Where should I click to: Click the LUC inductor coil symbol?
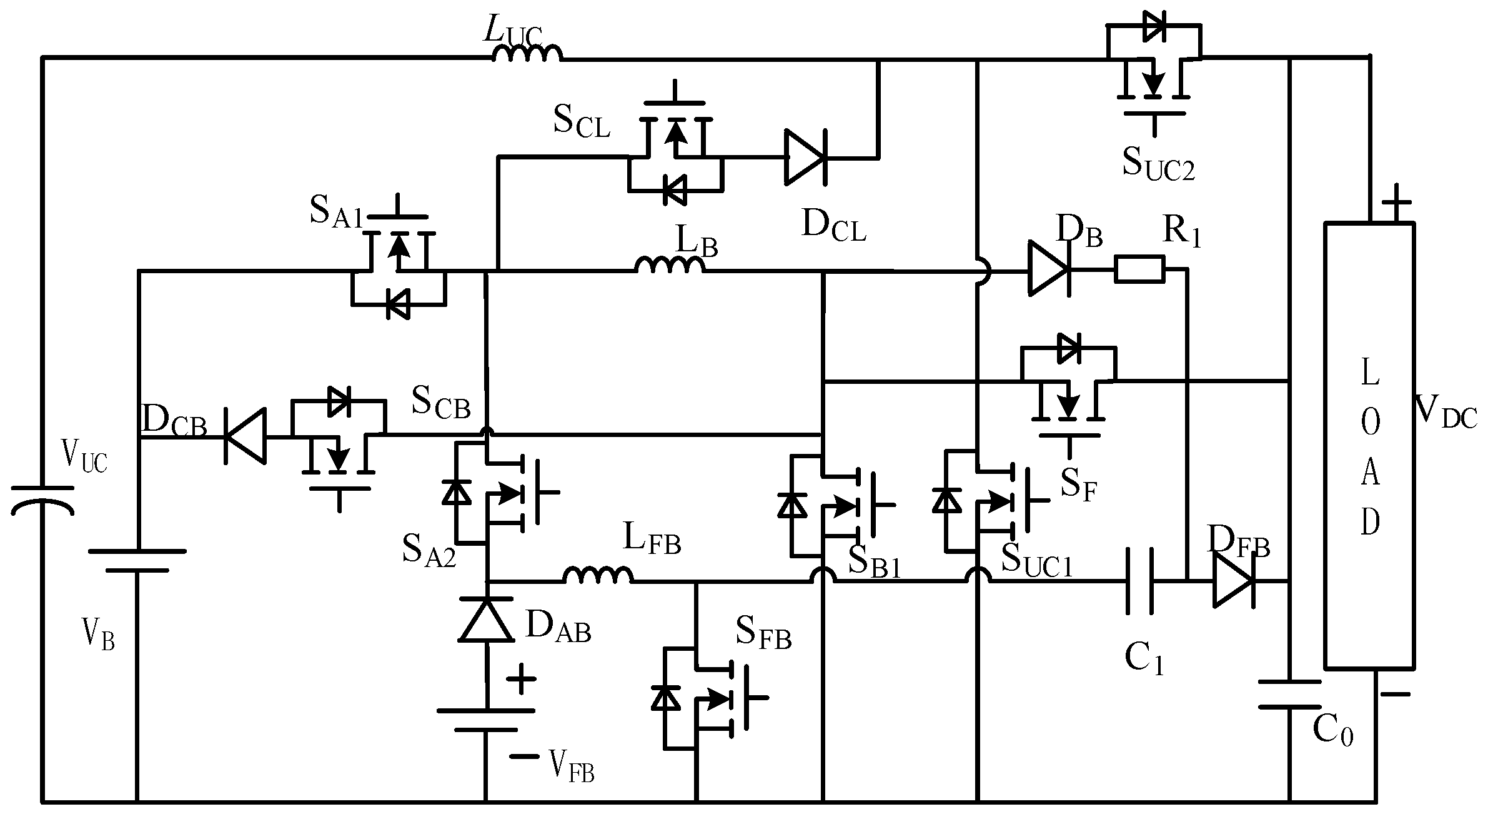point(527,54)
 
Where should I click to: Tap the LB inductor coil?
point(670,266)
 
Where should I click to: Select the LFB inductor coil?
point(598,576)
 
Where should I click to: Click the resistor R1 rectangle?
point(1139,269)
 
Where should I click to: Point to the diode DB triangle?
point(1049,271)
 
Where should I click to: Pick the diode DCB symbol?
point(246,436)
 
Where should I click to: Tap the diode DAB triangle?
point(486,620)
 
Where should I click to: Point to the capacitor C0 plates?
point(1289,694)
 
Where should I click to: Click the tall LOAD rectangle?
point(1369,445)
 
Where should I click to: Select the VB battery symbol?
point(137,561)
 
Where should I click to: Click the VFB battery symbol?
point(485,720)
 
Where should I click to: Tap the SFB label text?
point(763,633)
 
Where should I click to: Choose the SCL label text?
point(581,122)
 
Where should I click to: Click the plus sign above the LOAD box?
point(1396,203)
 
